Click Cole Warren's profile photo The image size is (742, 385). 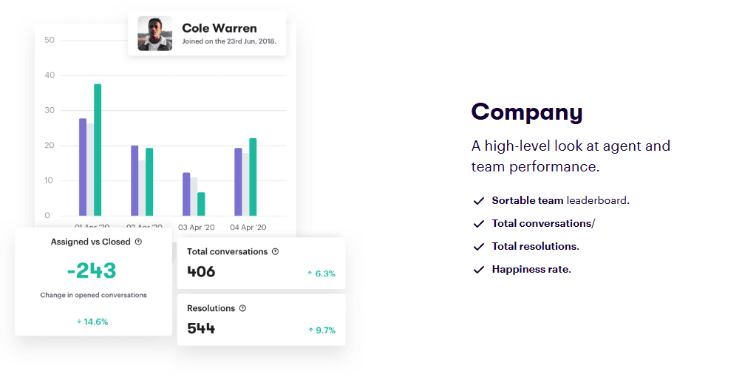click(154, 33)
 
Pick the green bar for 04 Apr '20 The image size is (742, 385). click(253, 177)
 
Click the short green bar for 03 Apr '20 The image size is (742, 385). click(201, 204)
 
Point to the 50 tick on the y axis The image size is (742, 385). click(50, 40)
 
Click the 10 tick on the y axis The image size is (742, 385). click(50, 180)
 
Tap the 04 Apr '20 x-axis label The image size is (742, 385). click(248, 227)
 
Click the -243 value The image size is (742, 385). click(92, 270)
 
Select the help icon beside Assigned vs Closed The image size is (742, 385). click(138, 242)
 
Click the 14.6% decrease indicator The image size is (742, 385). click(92, 321)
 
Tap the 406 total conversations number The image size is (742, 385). click(201, 272)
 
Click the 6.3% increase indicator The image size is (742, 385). click(321, 273)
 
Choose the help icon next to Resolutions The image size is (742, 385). click(242, 308)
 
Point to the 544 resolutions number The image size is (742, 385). click(201, 329)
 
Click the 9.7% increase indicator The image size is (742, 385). click(321, 330)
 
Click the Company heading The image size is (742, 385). click(527, 112)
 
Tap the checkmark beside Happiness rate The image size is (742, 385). click(478, 270)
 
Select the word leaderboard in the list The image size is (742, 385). click(597, 200)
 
